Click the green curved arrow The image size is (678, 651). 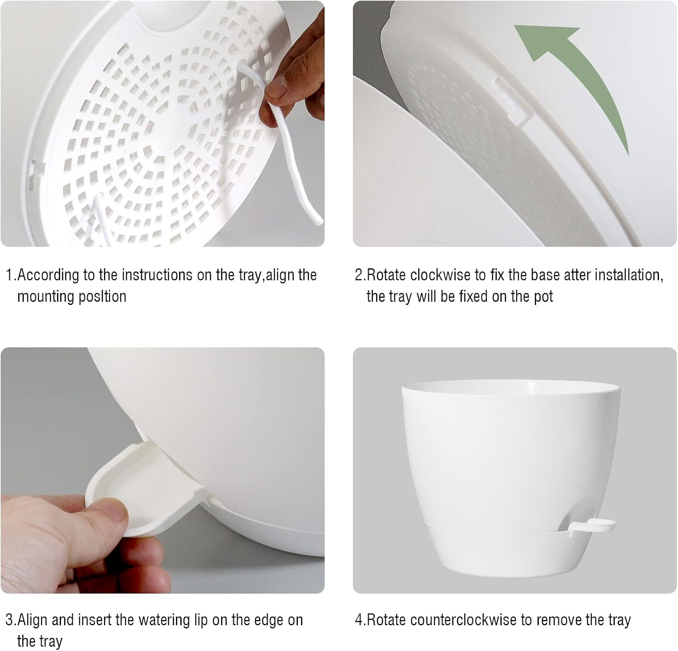(x=588, y=77)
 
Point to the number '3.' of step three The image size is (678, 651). (x=11, y=620)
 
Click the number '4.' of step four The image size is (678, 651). (x=360, y=620)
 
